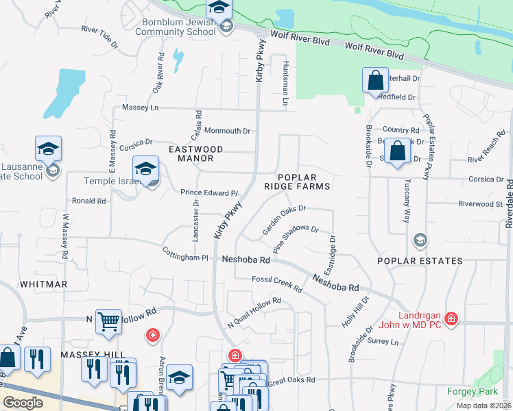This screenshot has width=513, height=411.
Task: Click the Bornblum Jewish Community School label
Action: click(178, 27)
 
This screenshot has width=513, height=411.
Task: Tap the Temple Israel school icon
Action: click(146, 169)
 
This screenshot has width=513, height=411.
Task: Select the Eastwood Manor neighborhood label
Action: click(196, 153)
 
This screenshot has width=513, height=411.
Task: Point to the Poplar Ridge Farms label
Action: click(304, 181)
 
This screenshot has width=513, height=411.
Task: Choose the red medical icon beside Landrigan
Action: click(451, 319)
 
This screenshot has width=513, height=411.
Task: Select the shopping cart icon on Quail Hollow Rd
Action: click(108, 321)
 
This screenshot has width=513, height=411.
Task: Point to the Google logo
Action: click(23, 402)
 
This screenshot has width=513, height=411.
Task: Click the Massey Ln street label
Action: click(140, 108)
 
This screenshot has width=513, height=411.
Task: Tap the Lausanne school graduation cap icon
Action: click(49, 148)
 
